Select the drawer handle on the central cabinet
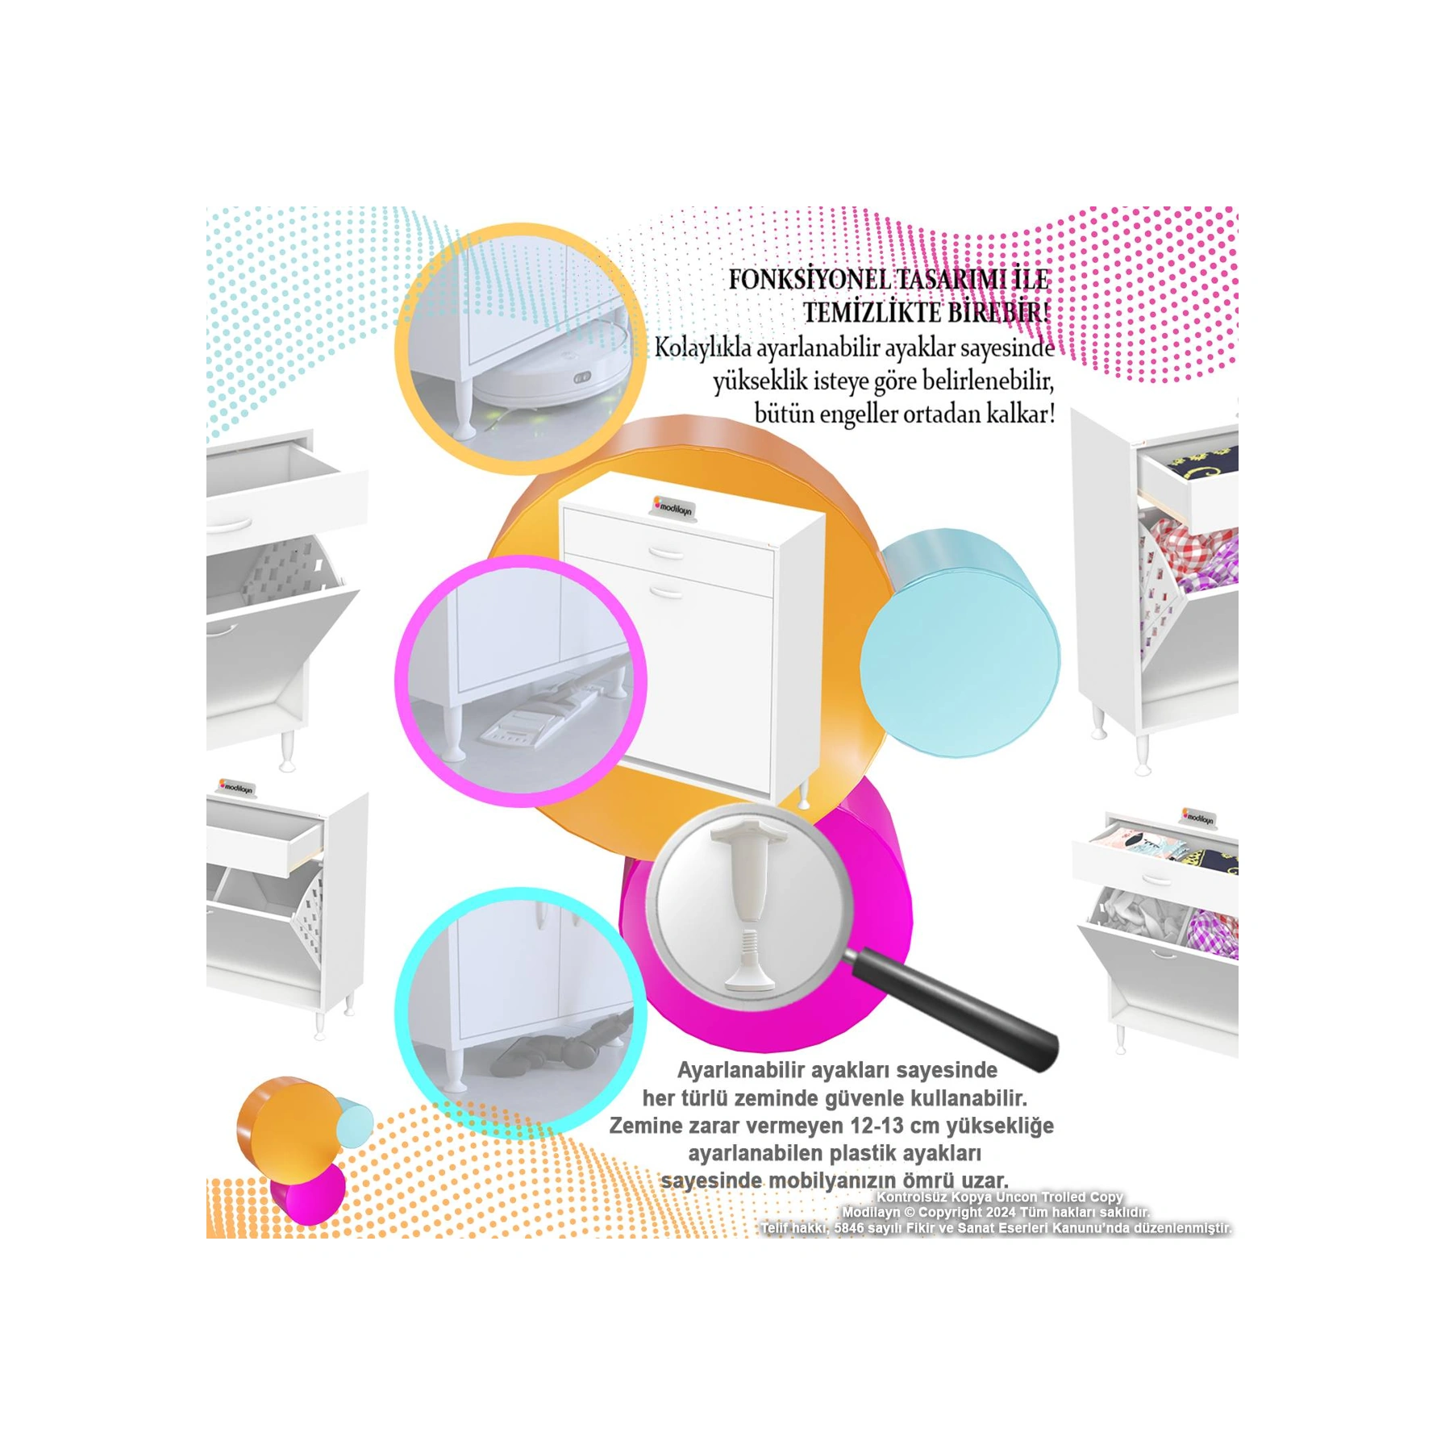(x=666, y=552)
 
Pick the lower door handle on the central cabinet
(x=666, y=593)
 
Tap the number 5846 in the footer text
(x=847, y=1228)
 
